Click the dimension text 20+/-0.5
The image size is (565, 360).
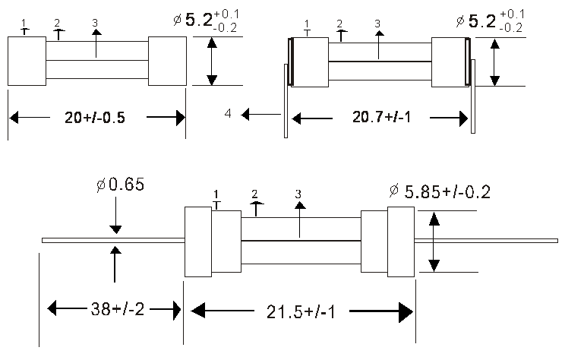[x=96, y=118]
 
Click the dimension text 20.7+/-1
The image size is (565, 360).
[x=379, y=118]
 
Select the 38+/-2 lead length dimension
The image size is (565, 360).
[x=113, y=309]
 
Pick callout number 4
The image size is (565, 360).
[x=228, y=115]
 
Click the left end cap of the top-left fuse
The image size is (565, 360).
[x=27, y=61]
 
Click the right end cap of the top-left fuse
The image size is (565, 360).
[x=167, y=61]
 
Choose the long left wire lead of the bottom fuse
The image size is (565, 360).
[x=113, y=240]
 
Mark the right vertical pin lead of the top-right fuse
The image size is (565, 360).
[x=472, y=99]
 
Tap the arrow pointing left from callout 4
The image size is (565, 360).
[x=259, y=115]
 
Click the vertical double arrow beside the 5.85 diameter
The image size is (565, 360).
[x=434, y=242]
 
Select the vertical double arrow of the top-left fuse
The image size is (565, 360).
[x=213, y=62]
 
